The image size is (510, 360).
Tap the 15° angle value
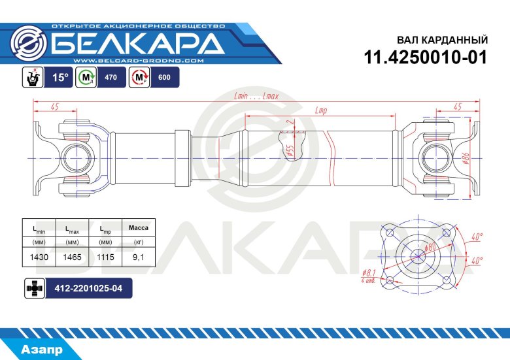(x=60, y=77)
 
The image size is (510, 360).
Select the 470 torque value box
(x=110, y=78)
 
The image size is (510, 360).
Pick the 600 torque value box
(x=164, y=78)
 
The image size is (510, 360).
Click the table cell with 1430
(x=39, y=257)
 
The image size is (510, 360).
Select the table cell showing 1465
(x=72, y=257)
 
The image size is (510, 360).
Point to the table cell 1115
(x=105, y=257)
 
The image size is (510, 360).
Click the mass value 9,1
(x=138, y=257)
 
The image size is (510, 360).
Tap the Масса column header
(x=138, y=227)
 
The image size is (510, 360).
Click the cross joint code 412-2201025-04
(x=88, y=287)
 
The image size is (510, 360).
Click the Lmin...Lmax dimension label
(x=256, y=96)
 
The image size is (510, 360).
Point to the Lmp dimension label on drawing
(x=320, y=110)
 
